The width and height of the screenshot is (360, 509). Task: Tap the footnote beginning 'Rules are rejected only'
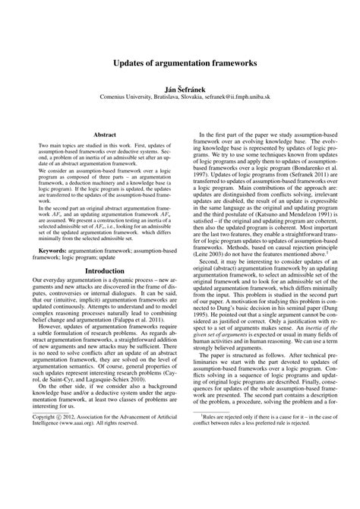pyautogui.click(x=273, y=462)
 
